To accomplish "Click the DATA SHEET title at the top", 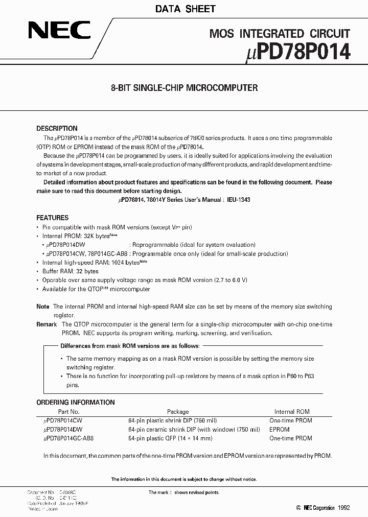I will pyautogui.click(x=184, y=9).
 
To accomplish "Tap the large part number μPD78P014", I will pyautogui.click(x=300, y=53).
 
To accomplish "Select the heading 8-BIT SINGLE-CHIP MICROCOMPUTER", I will pyautogui.click(x=184, y=88).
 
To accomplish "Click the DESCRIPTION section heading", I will pyautogui.click(x=57, y=129).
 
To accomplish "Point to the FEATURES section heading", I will pyautogui.click(x=52, y=217).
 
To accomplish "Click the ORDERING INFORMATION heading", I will pyautogui.click(x=76, y=402).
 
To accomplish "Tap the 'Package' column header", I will pyautogui.click(x=178, y=411).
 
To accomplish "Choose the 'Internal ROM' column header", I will pyautogui.click(x=292, y=411).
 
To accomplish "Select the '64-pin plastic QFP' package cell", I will pyautogui.click(x=170, y=438).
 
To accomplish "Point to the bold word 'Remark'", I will pyautogui.click(x=47, y=324).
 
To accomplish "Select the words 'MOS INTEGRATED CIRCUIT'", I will pyautogui.click(x=280, y=34).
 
